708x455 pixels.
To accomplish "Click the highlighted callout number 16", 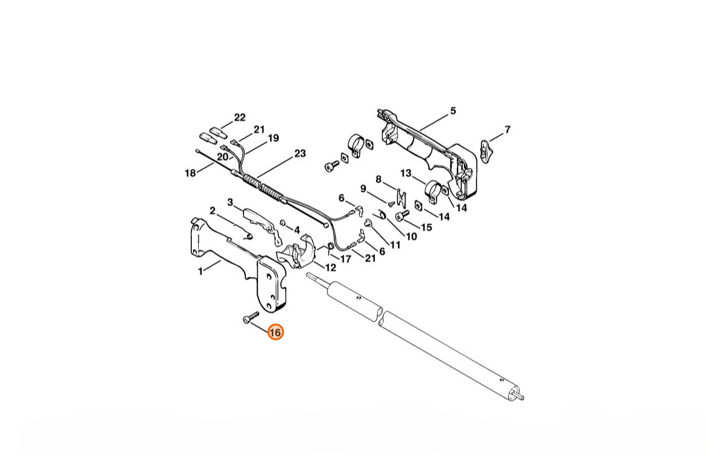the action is pos(275,332).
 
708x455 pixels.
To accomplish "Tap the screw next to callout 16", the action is pos(250,316).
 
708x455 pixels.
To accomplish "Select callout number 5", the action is pos(453,111).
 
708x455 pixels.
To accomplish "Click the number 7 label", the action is pos(507,129).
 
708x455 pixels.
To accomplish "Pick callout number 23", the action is pos(300,154).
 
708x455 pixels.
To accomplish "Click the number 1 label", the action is pos(201,271).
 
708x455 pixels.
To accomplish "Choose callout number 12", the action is pos(331,268).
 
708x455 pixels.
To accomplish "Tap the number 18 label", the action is pos(191,173).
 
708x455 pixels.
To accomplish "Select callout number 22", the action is pos(240,118).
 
